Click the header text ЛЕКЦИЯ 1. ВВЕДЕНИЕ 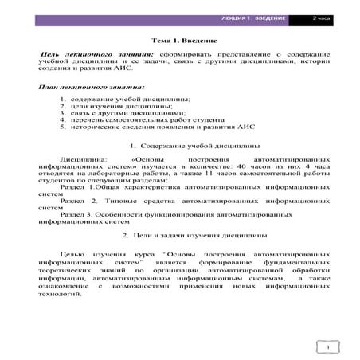click(x=258, y=17)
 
